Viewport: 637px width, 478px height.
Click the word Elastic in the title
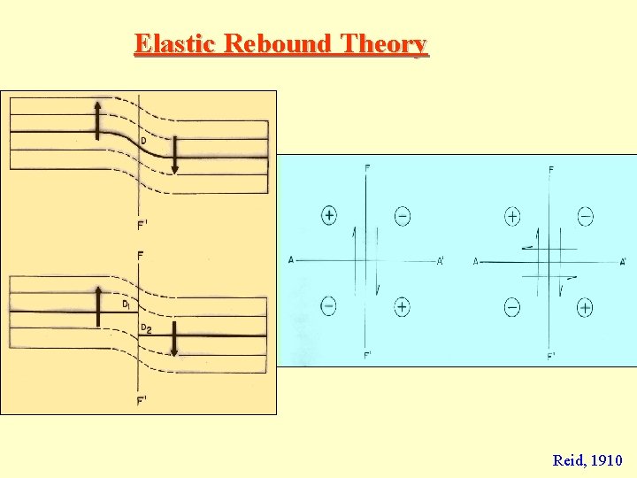[x=177, y=43]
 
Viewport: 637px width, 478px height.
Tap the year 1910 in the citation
[x=606, y=460]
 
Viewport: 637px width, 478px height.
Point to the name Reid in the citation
[x=567, y=460]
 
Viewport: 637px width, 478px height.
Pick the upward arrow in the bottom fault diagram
[x=98, y=306]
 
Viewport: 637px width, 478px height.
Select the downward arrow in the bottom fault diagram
[x=174, y=339]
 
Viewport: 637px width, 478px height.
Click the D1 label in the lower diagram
[x=127, y=304]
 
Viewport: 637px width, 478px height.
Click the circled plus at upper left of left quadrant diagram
[x=329, y=215]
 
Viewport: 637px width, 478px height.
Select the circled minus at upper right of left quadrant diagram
[x=402, y=215]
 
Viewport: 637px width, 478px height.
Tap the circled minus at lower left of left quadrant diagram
[x=328, y=306]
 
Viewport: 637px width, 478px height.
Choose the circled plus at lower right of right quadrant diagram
[x=585, y=307]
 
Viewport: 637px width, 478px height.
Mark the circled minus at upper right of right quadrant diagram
[x=585, y=215]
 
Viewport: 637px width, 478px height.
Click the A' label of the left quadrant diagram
[x=441, y=260]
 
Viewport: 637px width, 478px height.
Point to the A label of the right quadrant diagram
[x=476, y=261]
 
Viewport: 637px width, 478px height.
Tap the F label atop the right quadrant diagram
[x=551, y=170]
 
